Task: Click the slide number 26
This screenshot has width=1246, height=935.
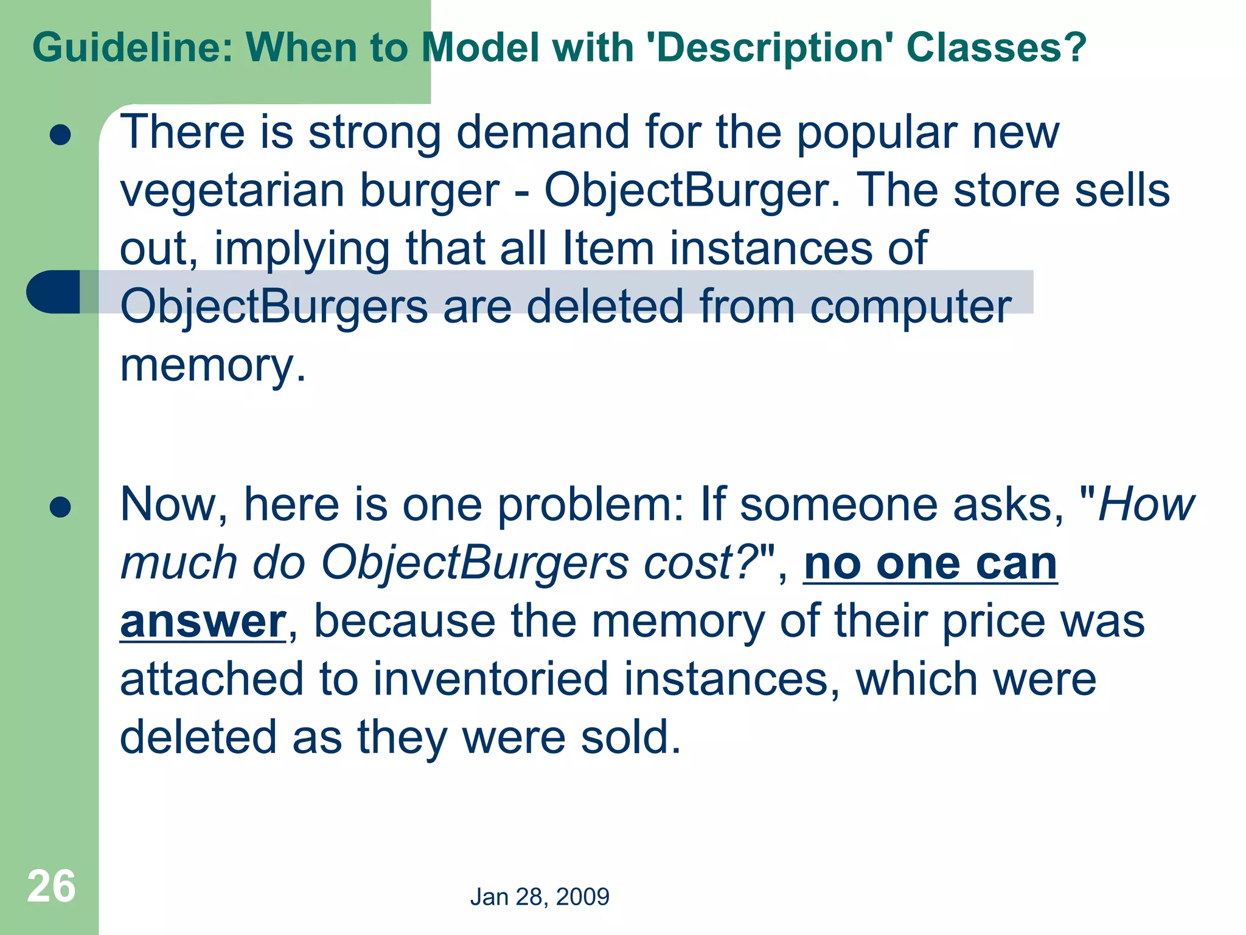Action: pyautogui.click(x=51, y=886)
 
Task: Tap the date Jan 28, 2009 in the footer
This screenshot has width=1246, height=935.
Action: pyautogui.click(x=540, y=897)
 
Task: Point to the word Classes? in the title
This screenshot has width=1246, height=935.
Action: pyautogui.click(x=996, y=47)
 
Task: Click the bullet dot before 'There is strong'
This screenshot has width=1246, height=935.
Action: pyautogui.click(x=61, y=135)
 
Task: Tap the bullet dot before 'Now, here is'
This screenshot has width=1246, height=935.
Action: pyautogui.click(x=61, y=506)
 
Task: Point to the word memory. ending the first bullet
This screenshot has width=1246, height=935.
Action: pyautogui.click(x=213, y=365)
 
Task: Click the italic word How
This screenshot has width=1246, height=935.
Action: pyautogui.click(x=1147, y=505)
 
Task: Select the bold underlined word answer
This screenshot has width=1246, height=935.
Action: pyautogui.click(x=203, y=622)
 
